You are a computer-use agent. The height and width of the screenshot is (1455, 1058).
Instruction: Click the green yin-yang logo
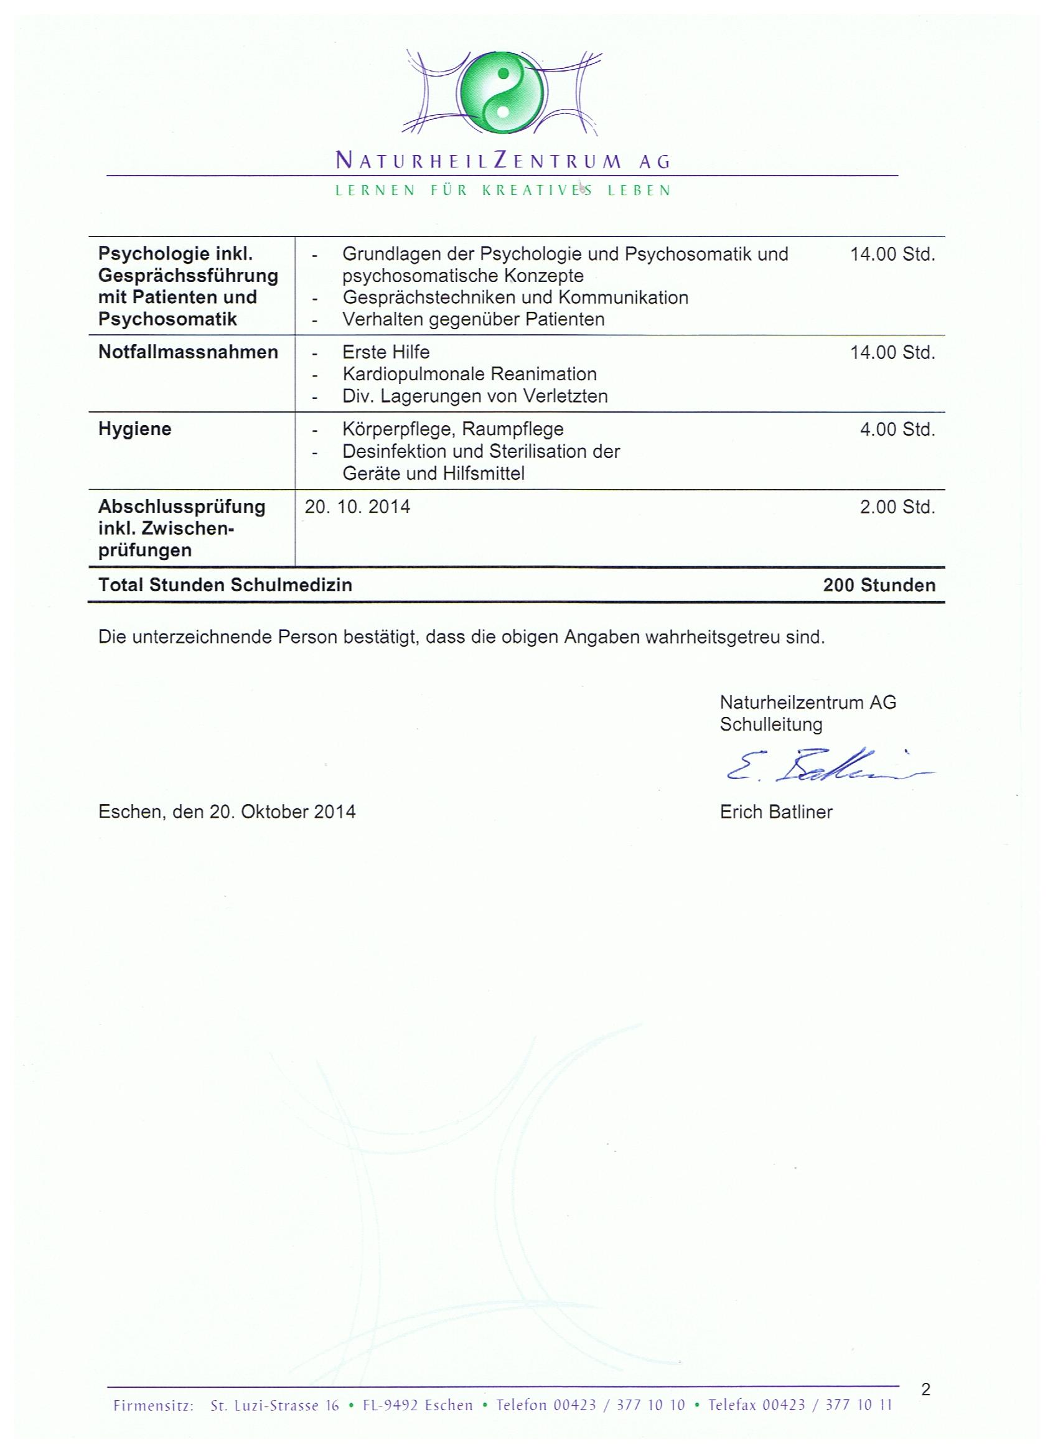coord(503,93)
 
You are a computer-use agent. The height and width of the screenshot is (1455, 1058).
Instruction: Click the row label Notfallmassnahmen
coord(188,352)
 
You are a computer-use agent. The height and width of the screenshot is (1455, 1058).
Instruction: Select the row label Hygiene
coord(134,429)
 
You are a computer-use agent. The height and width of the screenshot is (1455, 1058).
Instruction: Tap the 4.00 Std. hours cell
coord(897,430)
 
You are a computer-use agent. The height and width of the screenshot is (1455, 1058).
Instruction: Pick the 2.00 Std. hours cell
coord(897,507)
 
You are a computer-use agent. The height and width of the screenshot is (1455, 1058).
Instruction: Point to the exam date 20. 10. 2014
coord(357,507)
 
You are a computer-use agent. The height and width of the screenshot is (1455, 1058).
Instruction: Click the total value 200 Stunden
coord(879,585)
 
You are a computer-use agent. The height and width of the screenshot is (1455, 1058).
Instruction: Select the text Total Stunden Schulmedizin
coord(225,585)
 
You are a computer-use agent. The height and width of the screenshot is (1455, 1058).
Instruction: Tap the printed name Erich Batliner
coord(775,812)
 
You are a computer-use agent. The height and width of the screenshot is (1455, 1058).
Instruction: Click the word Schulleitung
coord(770,724)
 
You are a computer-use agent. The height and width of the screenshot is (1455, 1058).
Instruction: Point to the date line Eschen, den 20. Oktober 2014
coord(227,812)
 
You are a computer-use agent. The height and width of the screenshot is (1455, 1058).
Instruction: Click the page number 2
coord(925,1390)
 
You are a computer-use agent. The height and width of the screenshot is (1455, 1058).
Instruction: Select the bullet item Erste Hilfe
coord(386,352)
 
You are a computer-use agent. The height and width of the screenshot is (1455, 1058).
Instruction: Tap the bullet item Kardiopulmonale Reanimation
coord(470,374)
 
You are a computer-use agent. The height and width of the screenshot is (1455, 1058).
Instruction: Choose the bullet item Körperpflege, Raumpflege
coord(453,429)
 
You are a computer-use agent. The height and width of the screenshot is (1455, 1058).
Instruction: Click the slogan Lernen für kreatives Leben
coord(503,190)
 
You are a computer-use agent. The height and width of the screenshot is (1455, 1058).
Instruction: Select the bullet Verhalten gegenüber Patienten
coord(474,319)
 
